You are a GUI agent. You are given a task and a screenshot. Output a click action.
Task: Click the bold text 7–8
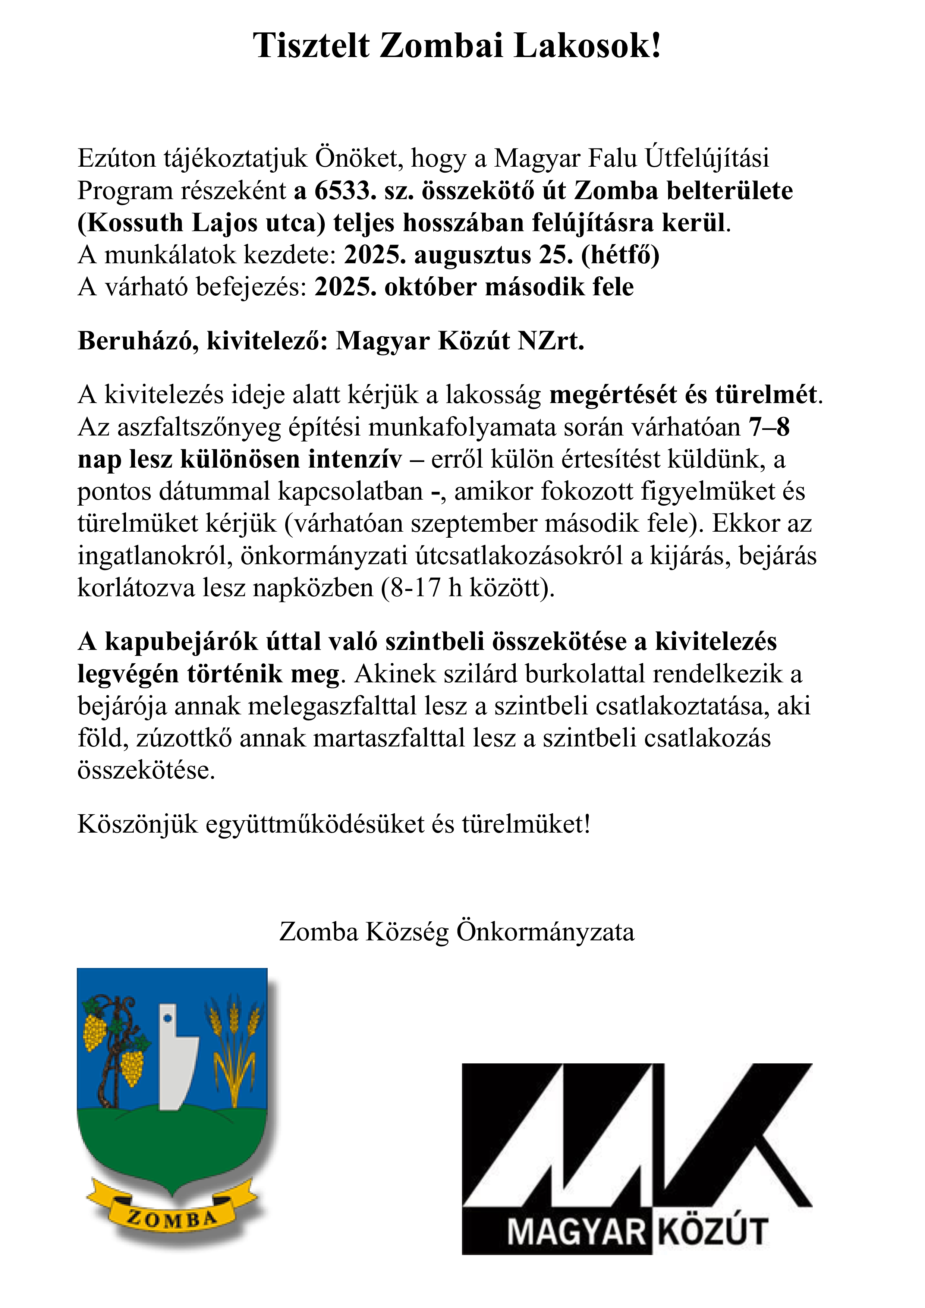click(x=769, y=427)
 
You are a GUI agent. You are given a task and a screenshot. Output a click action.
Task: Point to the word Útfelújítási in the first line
click(x=706, y=158)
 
